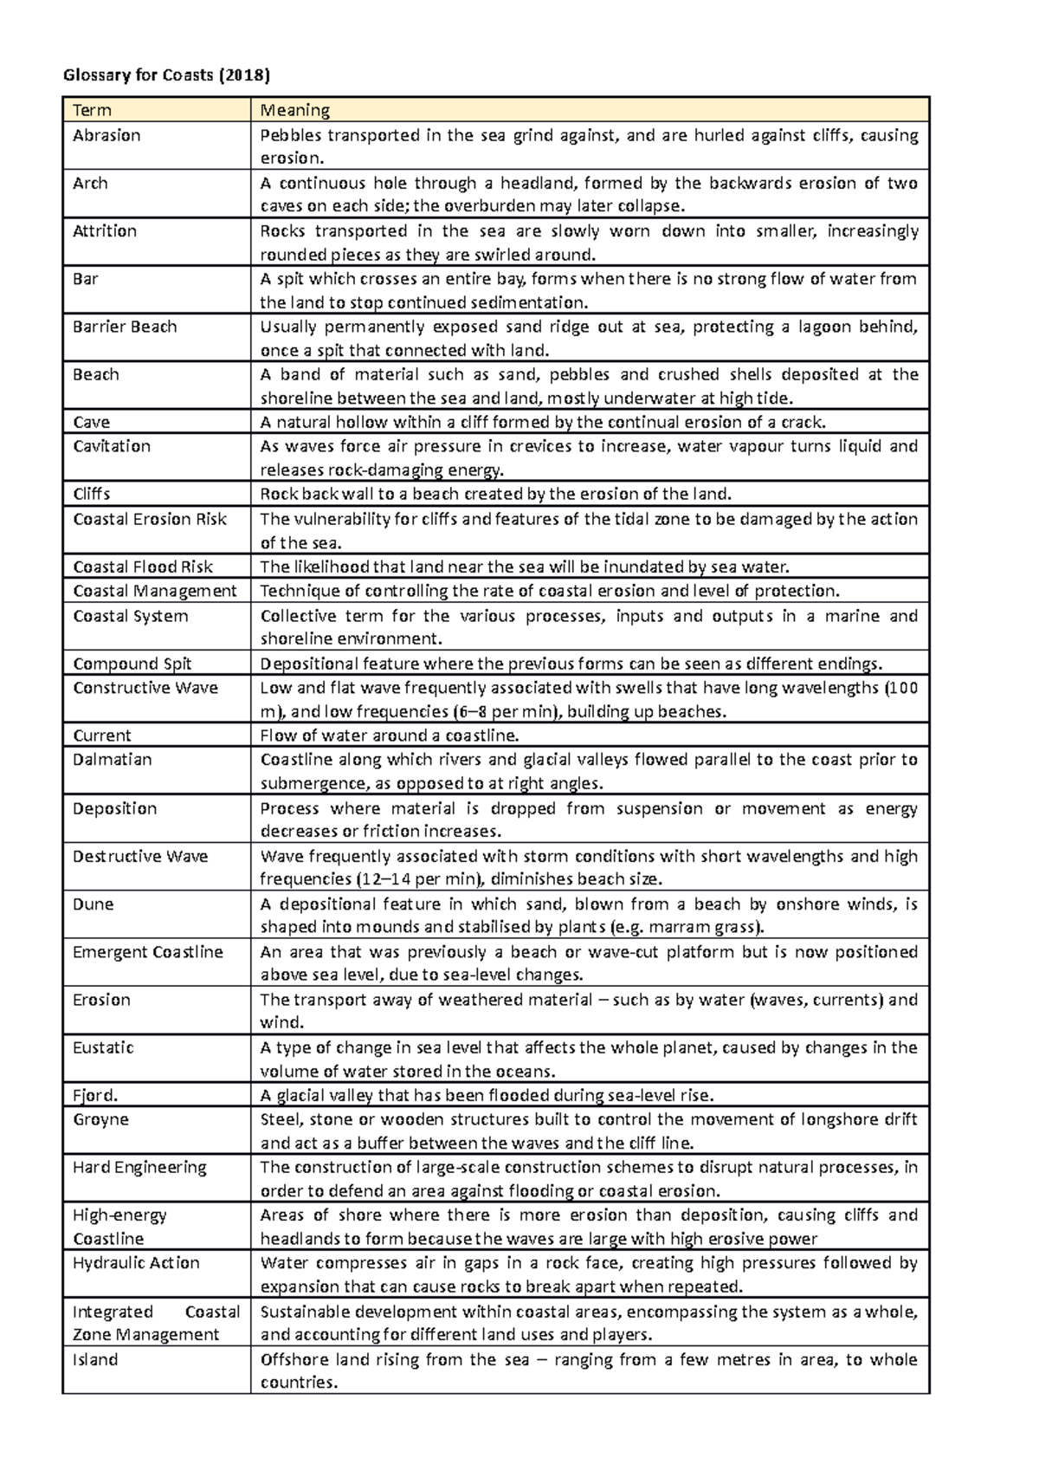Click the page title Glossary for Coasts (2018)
(x=166, y=75)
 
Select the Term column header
(x=92, y=110)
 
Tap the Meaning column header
(x=295, y=110)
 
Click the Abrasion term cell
(x=106, y=135)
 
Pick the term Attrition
(x=105, y=230)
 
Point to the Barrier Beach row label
(x=125, y=327)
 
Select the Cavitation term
(x=112, y=446)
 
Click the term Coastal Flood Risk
(x=143, y=567)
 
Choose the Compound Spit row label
(x=132, y=664)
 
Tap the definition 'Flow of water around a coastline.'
(x=390, y=735)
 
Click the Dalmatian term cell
(x=113, y=760)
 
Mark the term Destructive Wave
(x=140, y=856)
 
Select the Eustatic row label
(x=103, y=1047)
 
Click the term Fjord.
(x=94, y=1095)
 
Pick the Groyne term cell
(x=100, y=1119)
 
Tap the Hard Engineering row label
(x=139, y=1167)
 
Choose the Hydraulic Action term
(x=136, y=1262)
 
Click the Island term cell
(x=95, y=1359)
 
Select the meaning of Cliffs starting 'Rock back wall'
(x=496, y=495)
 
